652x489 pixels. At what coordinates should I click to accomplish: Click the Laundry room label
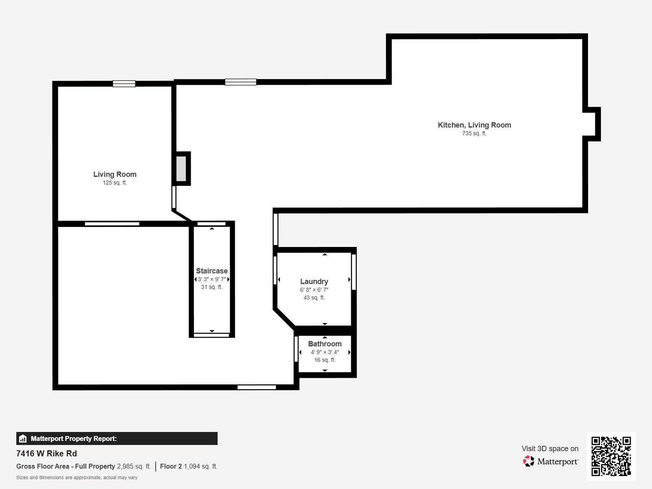pos(314,282)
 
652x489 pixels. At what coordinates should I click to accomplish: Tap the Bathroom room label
pos(325,344)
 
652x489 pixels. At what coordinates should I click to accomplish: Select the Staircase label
pos(211,271)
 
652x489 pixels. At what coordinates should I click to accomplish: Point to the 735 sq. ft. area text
pos(474,134)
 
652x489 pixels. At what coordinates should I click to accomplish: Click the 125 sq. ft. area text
pos(115,183)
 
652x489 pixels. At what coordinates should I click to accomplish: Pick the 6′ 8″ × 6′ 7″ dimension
pos(314,290)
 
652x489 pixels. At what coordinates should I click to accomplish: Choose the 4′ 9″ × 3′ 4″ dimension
pos(325,352)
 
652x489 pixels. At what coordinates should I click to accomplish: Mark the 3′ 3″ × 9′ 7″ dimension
pos(211,279)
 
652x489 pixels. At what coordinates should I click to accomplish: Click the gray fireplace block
pos(181,169)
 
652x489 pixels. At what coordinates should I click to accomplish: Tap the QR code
pos(611,456)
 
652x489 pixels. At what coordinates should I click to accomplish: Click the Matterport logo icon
pos(529,461)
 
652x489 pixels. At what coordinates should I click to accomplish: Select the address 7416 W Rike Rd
pos(46,454)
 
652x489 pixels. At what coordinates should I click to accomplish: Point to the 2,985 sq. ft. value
pos(134,466)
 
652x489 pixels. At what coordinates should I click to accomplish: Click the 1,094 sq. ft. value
pos(200,466)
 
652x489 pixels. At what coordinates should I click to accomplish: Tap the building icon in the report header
pos(23,438)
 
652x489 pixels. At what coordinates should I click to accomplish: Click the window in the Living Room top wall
pos(124,84)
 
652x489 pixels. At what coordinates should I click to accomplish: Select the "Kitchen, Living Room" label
pos(474,125)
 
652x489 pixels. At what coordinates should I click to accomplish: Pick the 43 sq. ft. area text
pos(314,298)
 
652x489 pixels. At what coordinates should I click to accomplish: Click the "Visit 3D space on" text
pos(550,449)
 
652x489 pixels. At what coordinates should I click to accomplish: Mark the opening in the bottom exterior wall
pos(257,387)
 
